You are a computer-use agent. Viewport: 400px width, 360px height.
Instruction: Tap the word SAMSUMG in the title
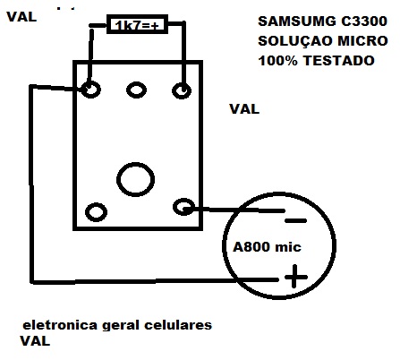295,21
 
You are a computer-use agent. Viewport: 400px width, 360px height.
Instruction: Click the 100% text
278,61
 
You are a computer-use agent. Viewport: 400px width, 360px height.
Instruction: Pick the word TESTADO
339,61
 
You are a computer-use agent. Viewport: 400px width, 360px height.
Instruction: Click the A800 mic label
267,247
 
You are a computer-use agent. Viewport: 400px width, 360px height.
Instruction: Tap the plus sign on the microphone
295,277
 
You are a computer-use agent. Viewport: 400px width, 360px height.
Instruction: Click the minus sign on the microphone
295,221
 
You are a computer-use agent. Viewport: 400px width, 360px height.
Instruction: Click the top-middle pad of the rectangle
136,90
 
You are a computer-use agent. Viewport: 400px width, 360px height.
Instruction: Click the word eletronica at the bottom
60,325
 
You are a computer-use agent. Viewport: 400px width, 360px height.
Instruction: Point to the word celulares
178,325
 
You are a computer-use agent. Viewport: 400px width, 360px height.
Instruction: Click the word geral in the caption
121,326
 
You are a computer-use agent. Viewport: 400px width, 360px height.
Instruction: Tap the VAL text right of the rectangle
244,109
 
